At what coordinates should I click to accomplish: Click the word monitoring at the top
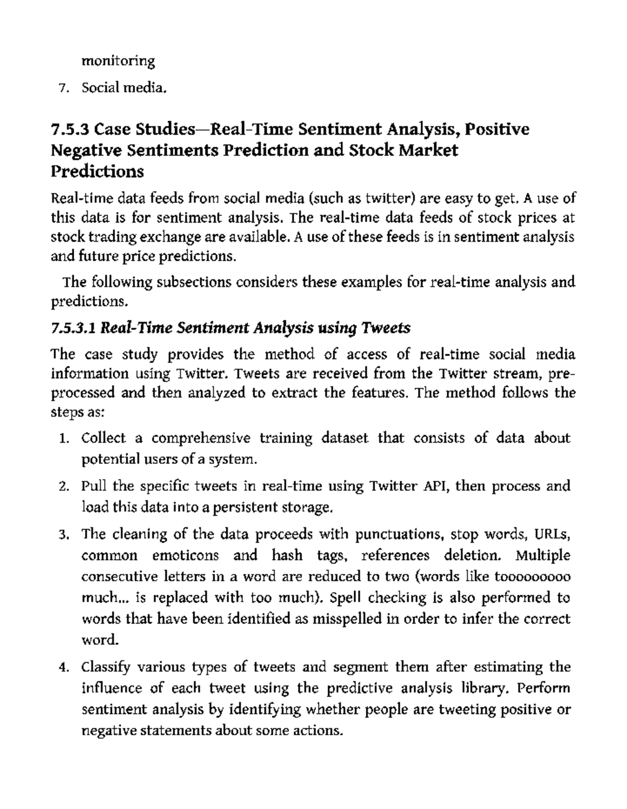click(x=118, y=62)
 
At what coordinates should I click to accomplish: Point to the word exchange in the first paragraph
click(x=166, y=237)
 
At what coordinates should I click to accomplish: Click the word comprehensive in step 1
click(x=201, y=438)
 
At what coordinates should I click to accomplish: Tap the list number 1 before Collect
click(x=63, y=438)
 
